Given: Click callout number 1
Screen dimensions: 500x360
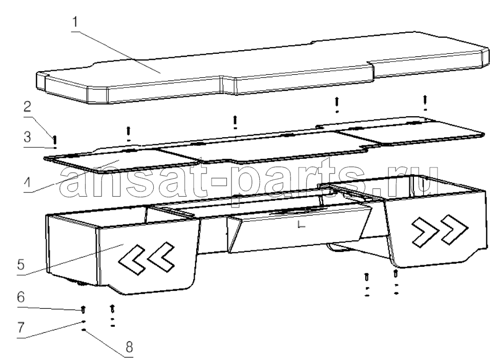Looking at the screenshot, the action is click(75, 23).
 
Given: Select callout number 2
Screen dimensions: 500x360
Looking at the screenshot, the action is click(28, 107).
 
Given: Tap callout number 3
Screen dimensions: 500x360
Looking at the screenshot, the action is click(28, 137).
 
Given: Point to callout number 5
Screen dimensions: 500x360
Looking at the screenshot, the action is click(21, 264).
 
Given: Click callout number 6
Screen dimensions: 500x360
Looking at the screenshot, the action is click(20, 297).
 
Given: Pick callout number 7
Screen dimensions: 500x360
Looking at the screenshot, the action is click(20, 327).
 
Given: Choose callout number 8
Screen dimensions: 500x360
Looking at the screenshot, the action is click(129, 346).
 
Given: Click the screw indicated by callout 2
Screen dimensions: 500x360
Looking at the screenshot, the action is click(55, 140).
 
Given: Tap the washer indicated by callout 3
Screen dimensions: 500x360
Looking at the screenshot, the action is click(55, 148).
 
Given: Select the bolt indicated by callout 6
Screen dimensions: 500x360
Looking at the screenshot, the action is click(83, 309).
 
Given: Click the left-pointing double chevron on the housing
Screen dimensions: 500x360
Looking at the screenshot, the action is click(147, 258).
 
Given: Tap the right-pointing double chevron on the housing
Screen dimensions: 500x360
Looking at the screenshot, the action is click(440, 231).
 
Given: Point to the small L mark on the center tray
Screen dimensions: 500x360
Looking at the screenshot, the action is click(301, 225).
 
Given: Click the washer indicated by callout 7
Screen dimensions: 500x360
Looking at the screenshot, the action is click(84, 322).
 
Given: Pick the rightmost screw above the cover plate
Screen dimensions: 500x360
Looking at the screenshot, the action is click(425, 99).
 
